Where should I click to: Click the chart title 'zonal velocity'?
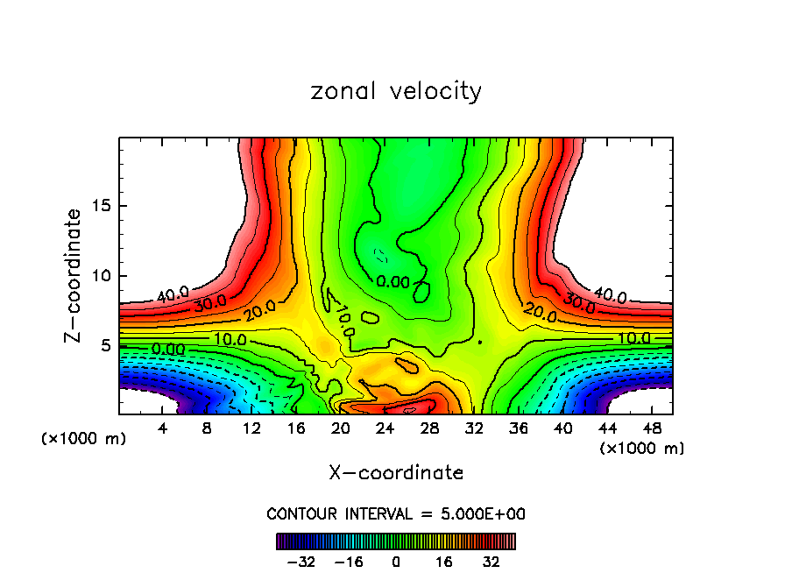pos(396,91)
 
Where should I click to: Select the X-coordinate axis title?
pos(396,473)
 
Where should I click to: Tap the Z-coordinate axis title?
pos(74,275)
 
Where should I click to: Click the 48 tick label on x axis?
pos(651,428)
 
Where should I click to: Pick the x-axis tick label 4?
pos(163,428)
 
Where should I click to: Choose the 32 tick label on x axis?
pos(473,428)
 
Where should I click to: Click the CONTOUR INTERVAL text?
pos(396,513)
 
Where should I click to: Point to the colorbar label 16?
pos(444,562)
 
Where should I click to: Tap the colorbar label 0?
pos(396,562)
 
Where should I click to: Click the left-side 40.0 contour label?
pos(173,294)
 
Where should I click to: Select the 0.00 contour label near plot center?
pos(392,282)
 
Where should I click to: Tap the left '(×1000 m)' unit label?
pos(84,439)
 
